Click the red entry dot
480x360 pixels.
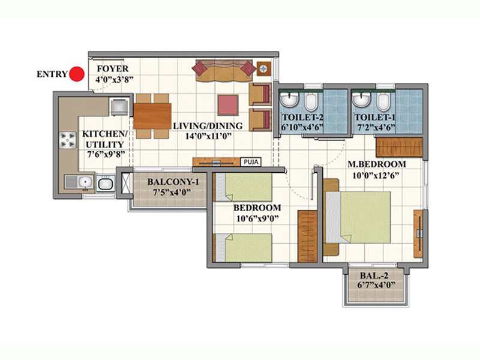(x=76, y=74)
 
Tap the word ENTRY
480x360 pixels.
(x=51, y=74)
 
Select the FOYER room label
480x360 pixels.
(x=110, y=68)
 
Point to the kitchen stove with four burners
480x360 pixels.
(x=66, y=141)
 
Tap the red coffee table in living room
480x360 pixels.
(x=228, y=104)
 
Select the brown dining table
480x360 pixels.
(x=152, y=116)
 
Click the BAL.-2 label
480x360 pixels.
(x=377, y=277)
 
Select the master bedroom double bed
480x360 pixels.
(x=363, y=220)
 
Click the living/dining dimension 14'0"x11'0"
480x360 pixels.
(x=208, y=137)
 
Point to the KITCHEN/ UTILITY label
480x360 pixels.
(x=103, y=139)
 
